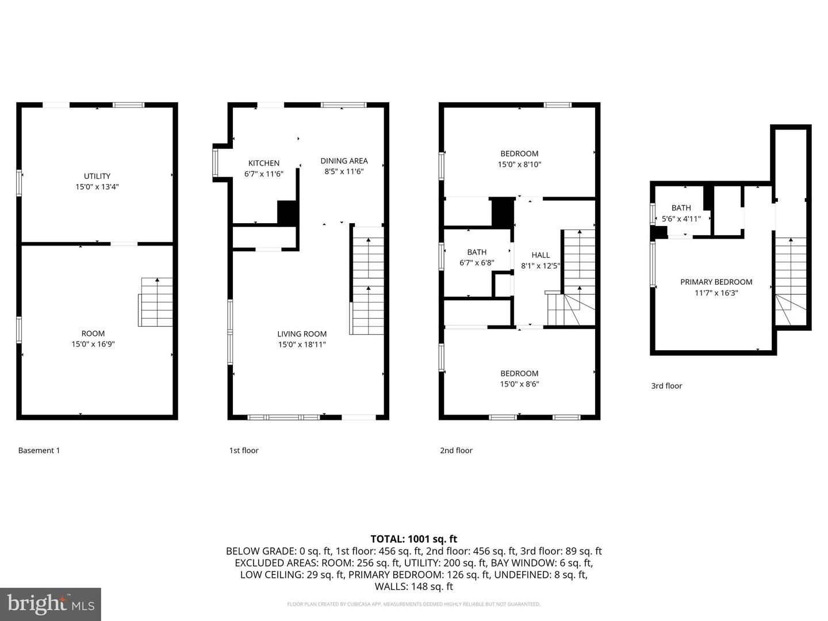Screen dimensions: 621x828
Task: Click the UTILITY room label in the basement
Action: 97,176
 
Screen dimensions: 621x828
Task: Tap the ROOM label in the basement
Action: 93,333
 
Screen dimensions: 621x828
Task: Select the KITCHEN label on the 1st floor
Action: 264,163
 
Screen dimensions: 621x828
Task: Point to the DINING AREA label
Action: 344,161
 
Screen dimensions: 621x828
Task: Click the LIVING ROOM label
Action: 302,334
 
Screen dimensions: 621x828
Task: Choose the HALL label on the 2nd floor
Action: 540,255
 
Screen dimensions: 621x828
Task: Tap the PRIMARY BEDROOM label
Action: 716,282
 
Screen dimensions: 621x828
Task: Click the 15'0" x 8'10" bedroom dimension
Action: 519,164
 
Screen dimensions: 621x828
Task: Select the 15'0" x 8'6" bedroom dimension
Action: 519,384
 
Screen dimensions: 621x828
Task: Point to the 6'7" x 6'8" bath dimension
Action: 477,263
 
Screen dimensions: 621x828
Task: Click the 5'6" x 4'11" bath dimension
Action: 681,218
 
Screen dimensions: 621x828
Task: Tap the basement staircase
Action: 156,302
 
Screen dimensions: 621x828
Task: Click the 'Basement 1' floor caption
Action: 39,450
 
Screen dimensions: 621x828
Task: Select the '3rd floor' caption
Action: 666,386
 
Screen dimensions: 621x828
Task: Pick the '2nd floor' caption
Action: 456,450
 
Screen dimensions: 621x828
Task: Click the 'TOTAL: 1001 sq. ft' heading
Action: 413,539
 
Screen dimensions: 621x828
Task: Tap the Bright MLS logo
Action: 51,604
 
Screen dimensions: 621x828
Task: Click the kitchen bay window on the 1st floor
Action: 216,163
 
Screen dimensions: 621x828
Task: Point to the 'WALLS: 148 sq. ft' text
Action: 413,586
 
